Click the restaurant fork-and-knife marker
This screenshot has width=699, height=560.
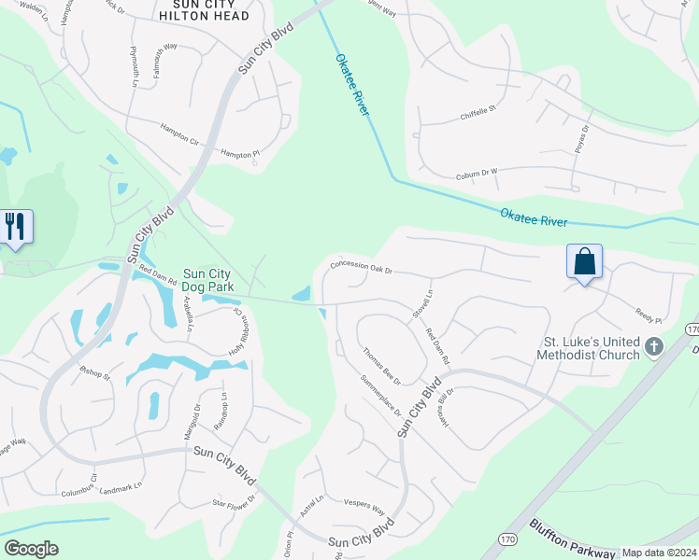point(17,227)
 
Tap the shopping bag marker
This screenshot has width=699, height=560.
point(584,260)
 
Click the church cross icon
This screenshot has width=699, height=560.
point(654,347)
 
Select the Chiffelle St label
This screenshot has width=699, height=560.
point(480,112)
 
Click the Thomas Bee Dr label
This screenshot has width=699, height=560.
point(381,366)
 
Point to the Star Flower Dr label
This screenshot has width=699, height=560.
point(234,505)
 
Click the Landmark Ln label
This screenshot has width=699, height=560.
point(121,486)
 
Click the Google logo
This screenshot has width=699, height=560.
point(31,549)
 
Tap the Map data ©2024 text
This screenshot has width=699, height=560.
point(659,553)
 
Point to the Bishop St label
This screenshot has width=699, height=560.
point(94,378)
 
